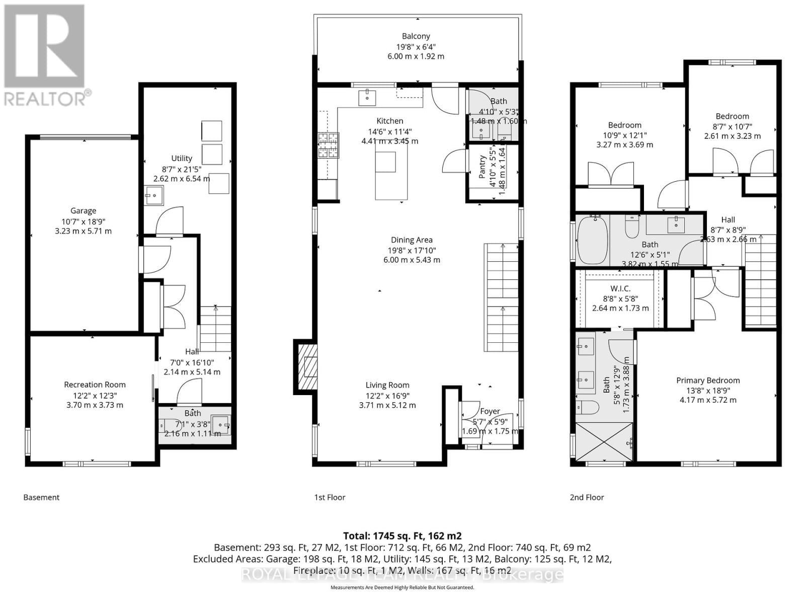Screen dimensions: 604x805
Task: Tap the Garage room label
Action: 83,211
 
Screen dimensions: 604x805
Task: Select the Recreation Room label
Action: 95,385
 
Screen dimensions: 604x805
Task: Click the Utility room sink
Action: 154,195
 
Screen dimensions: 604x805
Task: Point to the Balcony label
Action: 416,36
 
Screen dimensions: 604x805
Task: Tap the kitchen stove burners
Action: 328,145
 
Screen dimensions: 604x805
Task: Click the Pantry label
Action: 482,167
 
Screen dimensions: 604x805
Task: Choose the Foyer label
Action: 490,411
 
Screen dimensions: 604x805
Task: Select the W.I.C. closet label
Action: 620,288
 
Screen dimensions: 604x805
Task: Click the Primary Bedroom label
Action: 707,381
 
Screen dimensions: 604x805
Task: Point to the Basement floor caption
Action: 41,497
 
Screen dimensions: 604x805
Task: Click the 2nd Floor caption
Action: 587,497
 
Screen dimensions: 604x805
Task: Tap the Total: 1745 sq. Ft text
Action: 402,536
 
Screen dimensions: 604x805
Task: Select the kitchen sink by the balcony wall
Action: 367,97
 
